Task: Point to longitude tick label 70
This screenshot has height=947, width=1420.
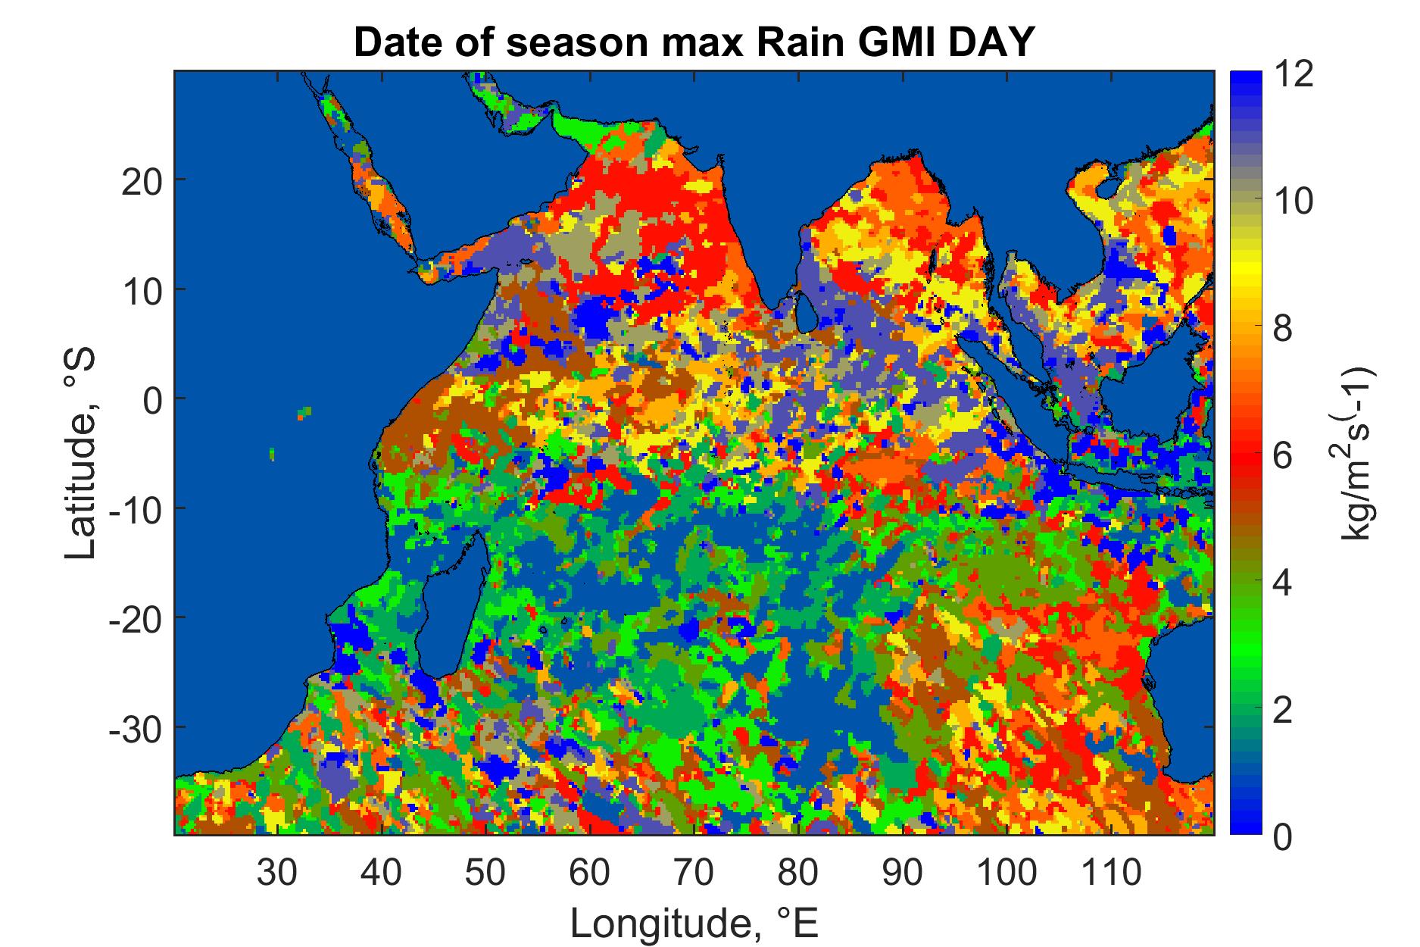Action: coord(694,874)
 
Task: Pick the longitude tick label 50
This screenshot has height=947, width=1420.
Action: coord(485,874)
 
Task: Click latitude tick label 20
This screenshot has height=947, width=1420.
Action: coord(141,180)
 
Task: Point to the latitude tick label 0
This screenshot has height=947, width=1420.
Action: coord(152,399)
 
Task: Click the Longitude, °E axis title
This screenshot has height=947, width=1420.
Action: coord(694,923)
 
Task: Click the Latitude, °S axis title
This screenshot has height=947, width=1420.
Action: coord(82,453)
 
